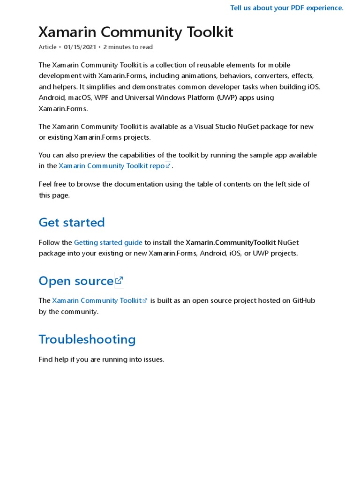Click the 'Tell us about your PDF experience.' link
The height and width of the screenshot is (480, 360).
point(286,8)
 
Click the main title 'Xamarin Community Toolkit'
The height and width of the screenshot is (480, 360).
point(135,32)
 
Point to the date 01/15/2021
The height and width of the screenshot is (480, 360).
point(80,47)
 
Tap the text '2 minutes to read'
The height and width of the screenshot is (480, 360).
point(127,47)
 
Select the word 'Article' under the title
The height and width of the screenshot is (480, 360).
point(47,47)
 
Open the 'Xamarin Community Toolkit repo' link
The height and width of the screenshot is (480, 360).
point(112,166)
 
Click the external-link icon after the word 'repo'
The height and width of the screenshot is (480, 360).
point(168,165)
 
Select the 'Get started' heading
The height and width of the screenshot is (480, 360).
point(72,222)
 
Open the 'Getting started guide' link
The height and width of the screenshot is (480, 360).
point(108,242)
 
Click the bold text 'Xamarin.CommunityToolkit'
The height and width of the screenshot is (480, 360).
point(231,242)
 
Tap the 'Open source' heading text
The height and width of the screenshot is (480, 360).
point(76,281)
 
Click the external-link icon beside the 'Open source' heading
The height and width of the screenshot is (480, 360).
point(119,280)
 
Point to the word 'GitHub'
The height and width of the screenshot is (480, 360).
point(304,300)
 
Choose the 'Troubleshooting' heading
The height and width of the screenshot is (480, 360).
point(87,339)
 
